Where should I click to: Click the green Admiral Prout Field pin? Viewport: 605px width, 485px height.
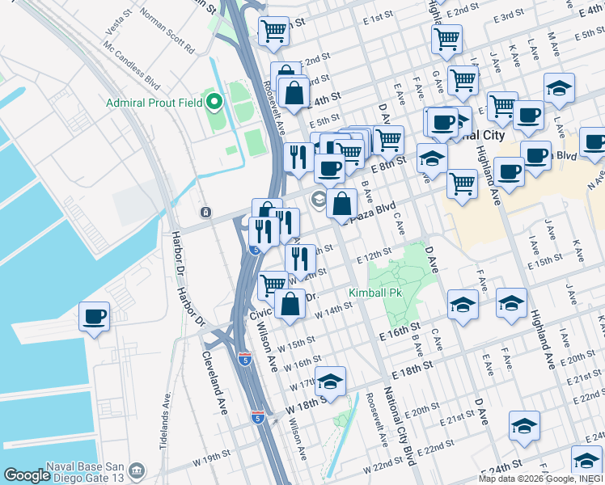click(x=214, y=102)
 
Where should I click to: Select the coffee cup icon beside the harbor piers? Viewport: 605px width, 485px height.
click(x=94, y=316)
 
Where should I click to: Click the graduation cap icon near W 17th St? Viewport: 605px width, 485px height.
click(x=330, y=381)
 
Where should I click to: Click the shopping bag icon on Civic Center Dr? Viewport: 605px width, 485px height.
click(x=290, y=304)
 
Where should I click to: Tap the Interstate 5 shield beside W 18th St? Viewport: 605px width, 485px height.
click(x=257, y=418)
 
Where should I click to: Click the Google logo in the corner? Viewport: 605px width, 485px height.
click(x=27, y=475)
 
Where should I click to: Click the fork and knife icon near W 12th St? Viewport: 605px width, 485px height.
click(x=300, y=259)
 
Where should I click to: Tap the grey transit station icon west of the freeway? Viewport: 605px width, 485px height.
click(x=206, y=213)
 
